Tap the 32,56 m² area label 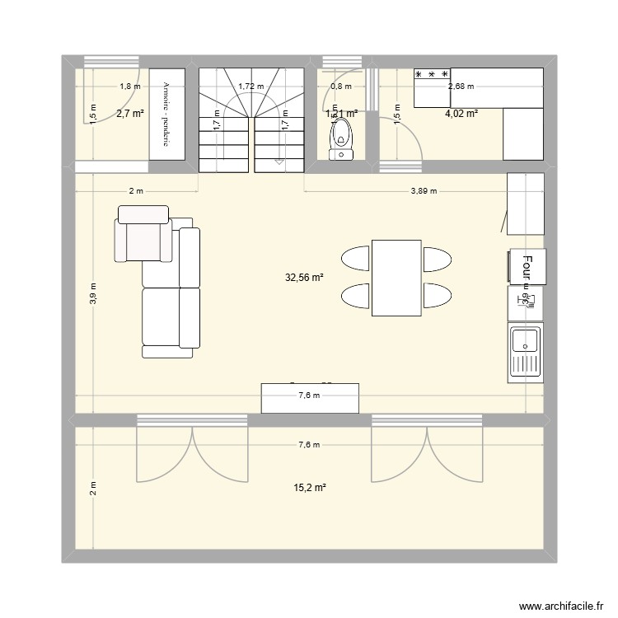coord(304,279)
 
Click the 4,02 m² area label coord(461,114)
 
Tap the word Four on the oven coord(526,267)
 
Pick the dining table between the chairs coord(396,277)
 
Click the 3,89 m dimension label coord(424,191)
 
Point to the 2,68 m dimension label coord(461,86)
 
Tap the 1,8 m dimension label coord(129,86)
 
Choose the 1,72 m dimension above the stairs coord(250,86)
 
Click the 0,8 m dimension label coord(341,86)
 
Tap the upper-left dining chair coord(355,259)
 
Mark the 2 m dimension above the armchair coord(136,191)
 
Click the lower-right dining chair coord(437,294)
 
